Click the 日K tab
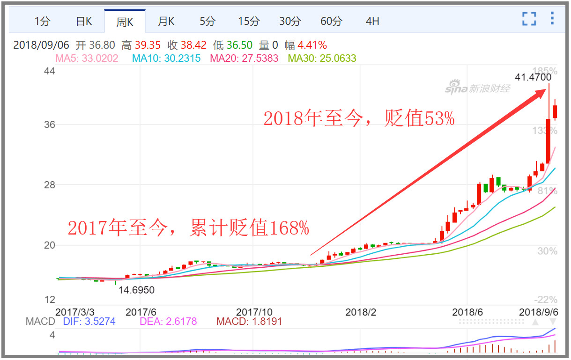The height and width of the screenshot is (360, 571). point(84,21)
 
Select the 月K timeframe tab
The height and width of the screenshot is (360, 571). point(166,21)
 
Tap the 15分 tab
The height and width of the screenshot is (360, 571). point(248,21)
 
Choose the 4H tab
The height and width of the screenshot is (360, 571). point(372,21)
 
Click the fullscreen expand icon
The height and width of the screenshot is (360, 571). point(529,19)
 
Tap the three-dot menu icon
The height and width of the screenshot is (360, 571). point(552,18)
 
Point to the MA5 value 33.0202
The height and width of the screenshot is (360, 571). point(99,59)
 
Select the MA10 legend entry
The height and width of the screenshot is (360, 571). point(166,59)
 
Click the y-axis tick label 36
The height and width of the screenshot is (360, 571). point(49,125)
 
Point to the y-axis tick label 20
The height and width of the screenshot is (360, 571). point(49,245)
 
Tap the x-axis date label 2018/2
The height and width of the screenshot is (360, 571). point(361,312)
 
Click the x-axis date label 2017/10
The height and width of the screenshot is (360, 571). point(254,312)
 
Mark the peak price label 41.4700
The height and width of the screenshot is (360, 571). point(533,77)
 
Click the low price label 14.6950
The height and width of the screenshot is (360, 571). point(136,290)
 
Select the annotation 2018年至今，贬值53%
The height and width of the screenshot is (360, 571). point(359,119)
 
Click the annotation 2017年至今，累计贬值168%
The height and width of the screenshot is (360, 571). point(188,228)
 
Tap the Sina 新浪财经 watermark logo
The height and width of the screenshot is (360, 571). point(477,87)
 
